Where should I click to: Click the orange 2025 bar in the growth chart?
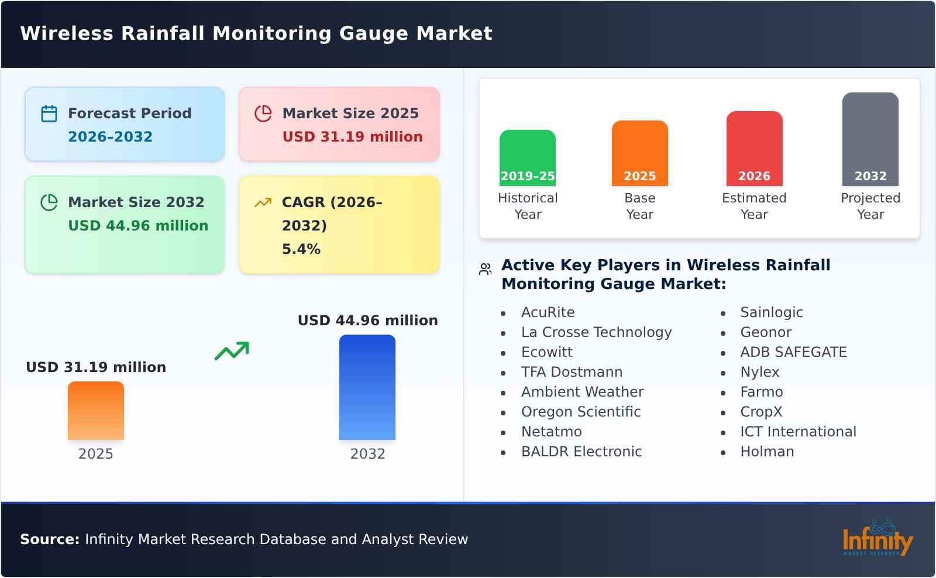pos(96,411)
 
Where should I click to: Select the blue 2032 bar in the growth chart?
pos(367,387)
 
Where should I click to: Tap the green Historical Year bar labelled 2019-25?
pos(528,158)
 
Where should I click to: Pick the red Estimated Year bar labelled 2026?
pos(754,149)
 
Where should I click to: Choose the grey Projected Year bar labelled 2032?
pos(870,139)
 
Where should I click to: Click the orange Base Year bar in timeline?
pos(639,153)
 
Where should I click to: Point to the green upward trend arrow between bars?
pos(232,351)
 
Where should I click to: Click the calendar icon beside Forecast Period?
pos(49,113)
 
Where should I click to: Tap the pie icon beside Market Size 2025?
pos(263,113)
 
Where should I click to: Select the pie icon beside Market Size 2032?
pos(49,202)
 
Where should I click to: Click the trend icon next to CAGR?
pos(263,202)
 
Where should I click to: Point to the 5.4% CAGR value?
pos(301,249)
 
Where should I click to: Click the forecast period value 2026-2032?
pos(110,137)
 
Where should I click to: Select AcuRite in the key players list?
pos(548,312)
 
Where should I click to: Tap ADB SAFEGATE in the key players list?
pos(793,352)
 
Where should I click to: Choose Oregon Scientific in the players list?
pos(581,412)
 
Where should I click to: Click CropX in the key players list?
pos(761,412)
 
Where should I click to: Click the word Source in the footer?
pos(49,539)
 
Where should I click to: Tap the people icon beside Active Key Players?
pos(485,269)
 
